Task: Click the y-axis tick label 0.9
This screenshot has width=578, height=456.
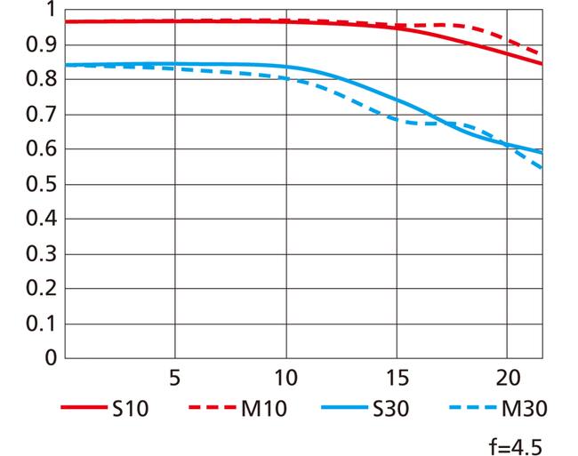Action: click(41, 45)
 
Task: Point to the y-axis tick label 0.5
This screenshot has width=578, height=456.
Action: click(41, 184)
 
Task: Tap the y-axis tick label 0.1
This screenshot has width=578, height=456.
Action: click(41, 324)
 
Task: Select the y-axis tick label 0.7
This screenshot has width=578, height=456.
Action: click(41, 115)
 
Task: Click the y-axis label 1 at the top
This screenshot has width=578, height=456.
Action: click(51, 10)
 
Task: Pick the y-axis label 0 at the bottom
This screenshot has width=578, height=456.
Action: click(51, 357)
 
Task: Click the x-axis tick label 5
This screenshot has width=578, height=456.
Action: click(174, 378)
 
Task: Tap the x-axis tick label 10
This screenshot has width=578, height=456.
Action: click(286, 378)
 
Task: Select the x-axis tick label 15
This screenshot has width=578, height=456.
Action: click(397, 378)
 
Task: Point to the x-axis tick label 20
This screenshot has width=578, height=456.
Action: click(508, 378)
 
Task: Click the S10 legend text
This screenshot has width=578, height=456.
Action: click(130, 409)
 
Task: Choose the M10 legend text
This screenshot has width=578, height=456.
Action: click(264, 409)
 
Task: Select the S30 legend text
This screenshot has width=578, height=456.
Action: click(390, 409)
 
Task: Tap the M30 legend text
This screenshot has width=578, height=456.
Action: click(525, 409)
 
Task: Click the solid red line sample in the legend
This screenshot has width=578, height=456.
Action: click(84, 407)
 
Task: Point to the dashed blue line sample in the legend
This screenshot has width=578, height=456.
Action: click(473, 407)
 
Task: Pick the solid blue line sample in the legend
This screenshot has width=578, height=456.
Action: click(345, 407)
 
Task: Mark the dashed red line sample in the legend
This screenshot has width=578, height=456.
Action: click(213, 407)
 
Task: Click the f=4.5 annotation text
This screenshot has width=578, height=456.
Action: click(516, 447)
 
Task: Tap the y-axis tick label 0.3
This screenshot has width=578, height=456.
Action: click(41, 254)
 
